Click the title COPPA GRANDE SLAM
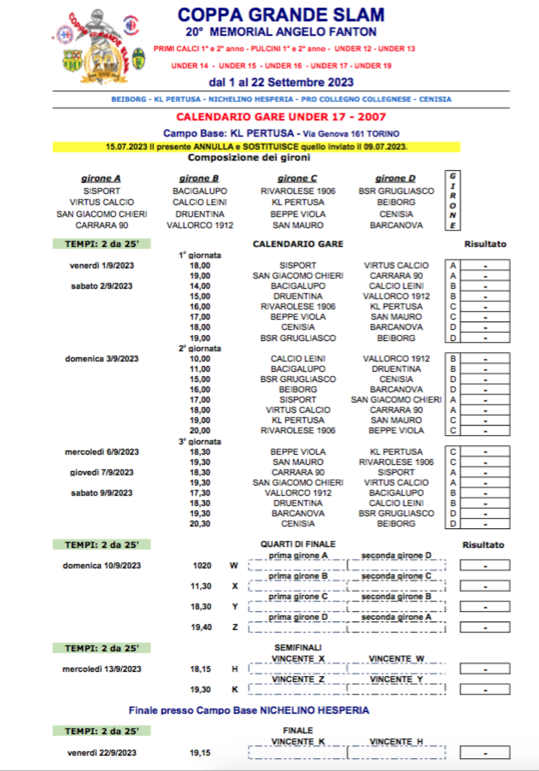[x=281, y=15]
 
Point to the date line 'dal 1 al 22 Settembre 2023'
[x=281, y=83]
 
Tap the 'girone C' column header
[x=297, y=179]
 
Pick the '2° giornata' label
[x=200, y=348]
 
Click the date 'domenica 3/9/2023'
[x=102, y=358]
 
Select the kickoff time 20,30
[x=200, y=524]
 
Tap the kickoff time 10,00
[x=200, y=358]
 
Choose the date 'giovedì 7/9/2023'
[x=102, y=472]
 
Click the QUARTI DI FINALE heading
[x=298, y=544]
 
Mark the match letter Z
[x=235, y=627]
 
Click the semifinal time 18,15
[x=201, y=668]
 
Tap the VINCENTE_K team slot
[x=298, y=741]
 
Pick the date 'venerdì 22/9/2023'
[x=102, y=752]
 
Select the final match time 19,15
[x=201, y=752]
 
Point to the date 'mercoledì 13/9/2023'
[x=102, y=668]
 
